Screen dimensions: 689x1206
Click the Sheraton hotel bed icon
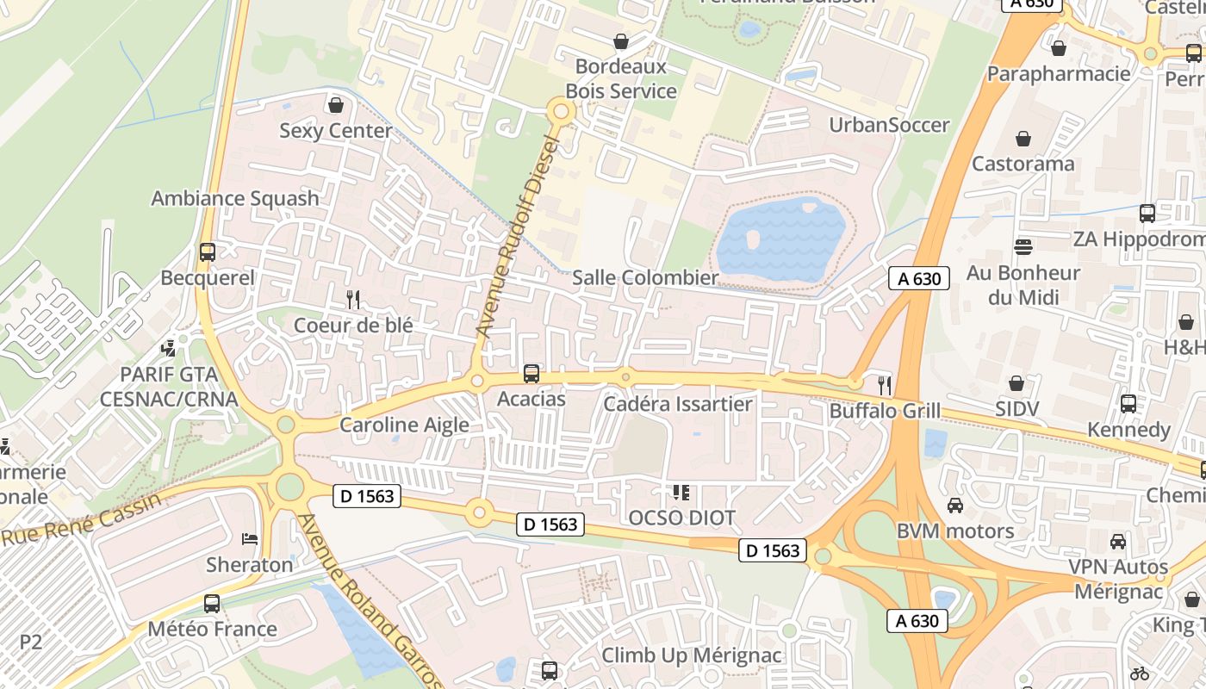[250, 539]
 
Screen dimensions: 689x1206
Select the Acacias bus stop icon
[532, 374]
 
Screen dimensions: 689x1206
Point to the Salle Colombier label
[645, 277]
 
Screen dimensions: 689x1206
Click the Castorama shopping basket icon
[1023, 139]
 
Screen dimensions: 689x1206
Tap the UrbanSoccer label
[889, 125]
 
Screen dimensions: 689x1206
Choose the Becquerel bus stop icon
[208, 252]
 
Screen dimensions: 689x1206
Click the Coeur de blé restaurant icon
[353, 300]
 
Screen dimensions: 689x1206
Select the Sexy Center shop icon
[336, 105]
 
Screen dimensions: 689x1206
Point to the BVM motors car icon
[955, 506]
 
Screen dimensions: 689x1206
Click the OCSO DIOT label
[681, 518]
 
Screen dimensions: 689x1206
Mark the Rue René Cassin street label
[82, 519]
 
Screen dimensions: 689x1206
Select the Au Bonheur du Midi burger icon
[1023, 248]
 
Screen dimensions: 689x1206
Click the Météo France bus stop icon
[212, 604]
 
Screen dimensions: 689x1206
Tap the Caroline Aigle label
[404, 425]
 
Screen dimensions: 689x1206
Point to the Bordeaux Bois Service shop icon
[620, 41]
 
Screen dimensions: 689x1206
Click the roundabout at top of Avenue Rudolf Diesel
[562, 111]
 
